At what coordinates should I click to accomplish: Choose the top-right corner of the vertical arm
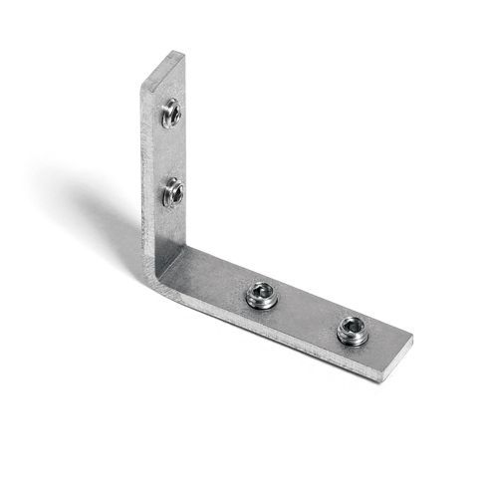click(x=184, y=54)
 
